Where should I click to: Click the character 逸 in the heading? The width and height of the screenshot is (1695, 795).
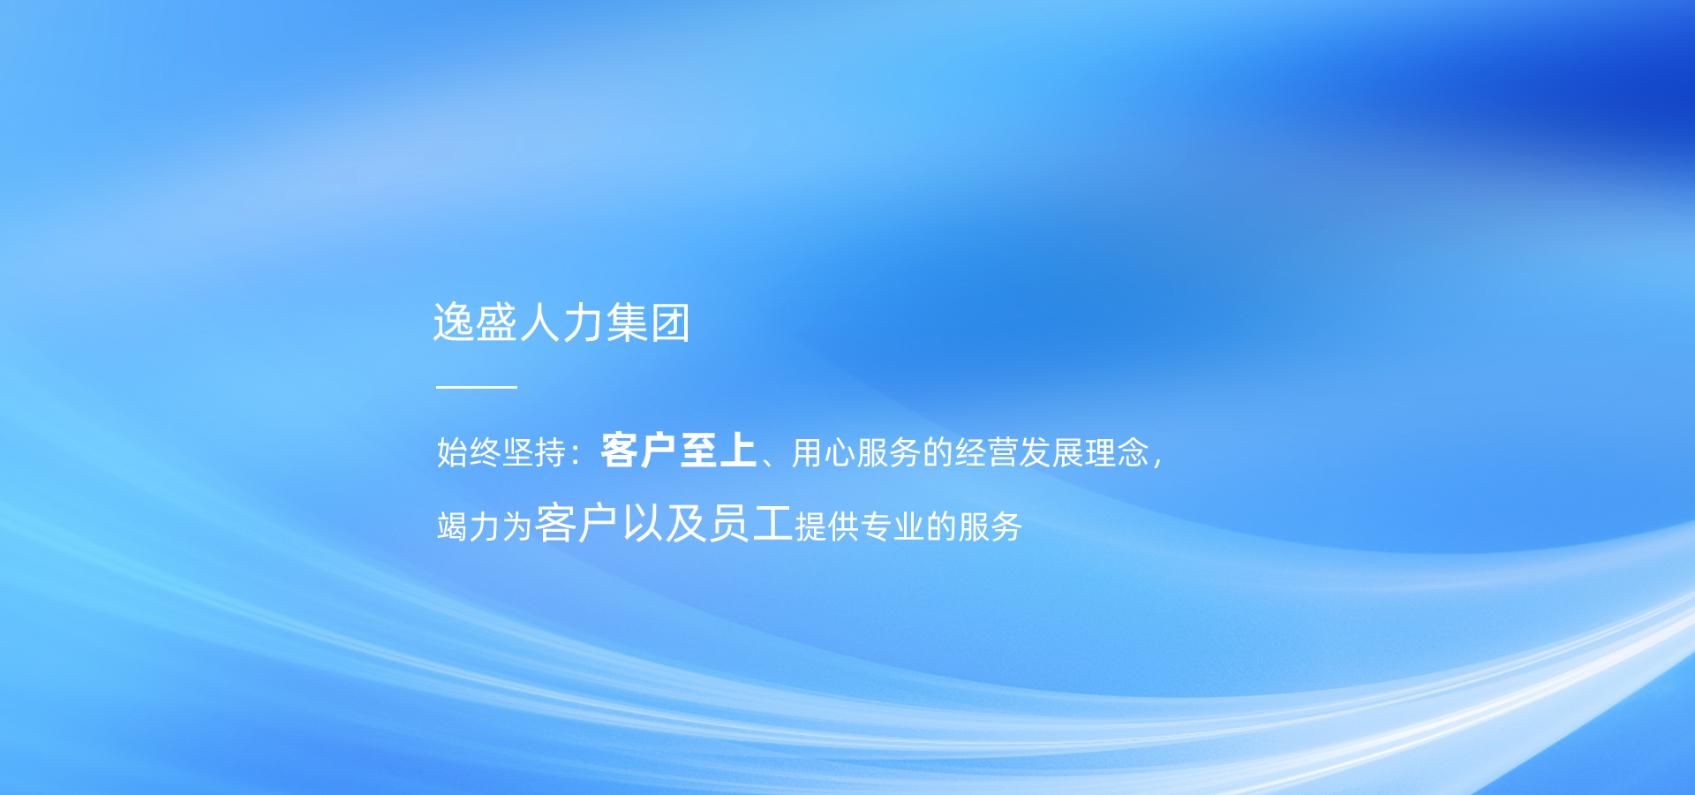454,322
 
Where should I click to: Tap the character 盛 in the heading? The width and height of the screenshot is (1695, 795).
497,322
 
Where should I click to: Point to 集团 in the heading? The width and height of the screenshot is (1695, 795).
648,322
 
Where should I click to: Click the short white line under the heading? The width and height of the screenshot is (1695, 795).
477,387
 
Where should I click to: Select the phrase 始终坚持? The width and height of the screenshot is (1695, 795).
501,452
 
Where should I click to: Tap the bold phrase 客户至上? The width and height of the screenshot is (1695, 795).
679,450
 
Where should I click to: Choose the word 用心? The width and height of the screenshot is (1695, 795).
824,452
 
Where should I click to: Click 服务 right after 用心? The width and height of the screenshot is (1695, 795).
889,452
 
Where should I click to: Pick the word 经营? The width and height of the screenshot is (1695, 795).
987,452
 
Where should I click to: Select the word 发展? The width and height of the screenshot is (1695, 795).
1052,452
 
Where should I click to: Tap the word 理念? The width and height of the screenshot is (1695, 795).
1118,452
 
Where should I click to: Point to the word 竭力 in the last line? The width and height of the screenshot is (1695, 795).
469,526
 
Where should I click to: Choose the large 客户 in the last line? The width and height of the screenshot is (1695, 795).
576,523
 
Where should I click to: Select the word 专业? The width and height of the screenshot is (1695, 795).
893,526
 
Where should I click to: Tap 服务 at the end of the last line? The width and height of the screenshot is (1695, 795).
991,526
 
